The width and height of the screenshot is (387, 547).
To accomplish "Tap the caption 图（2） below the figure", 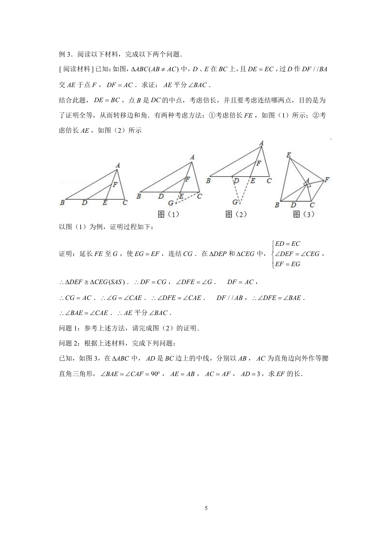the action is pyautogui.click(x=236, y=214).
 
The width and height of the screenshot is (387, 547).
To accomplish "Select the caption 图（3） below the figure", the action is pyautogui.click(x=304, y=214).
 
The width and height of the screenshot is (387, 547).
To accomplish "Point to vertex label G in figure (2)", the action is pyautogui.click(x=235, y=202).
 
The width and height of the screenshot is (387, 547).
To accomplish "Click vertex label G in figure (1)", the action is pyautogui.click(x=170, y=203).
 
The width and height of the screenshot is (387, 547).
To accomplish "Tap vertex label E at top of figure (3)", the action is pyautogui.click(x=288, y=155).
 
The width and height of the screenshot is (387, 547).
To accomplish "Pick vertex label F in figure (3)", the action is pyautogui.click(x=327, y=179).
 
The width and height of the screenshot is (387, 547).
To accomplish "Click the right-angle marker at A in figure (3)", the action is pyautogui.click(x=308, y=185).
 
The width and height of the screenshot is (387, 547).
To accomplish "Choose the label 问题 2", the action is pyautogui.click(x=69, y=344).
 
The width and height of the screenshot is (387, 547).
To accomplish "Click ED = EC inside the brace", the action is pyautogui.click(x=288, y=244).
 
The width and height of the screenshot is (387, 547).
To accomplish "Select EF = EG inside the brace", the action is pyautogui.click(x=288, y=264).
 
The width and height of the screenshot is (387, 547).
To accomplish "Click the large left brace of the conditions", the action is pyautogui.click(x=272, y=254).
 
